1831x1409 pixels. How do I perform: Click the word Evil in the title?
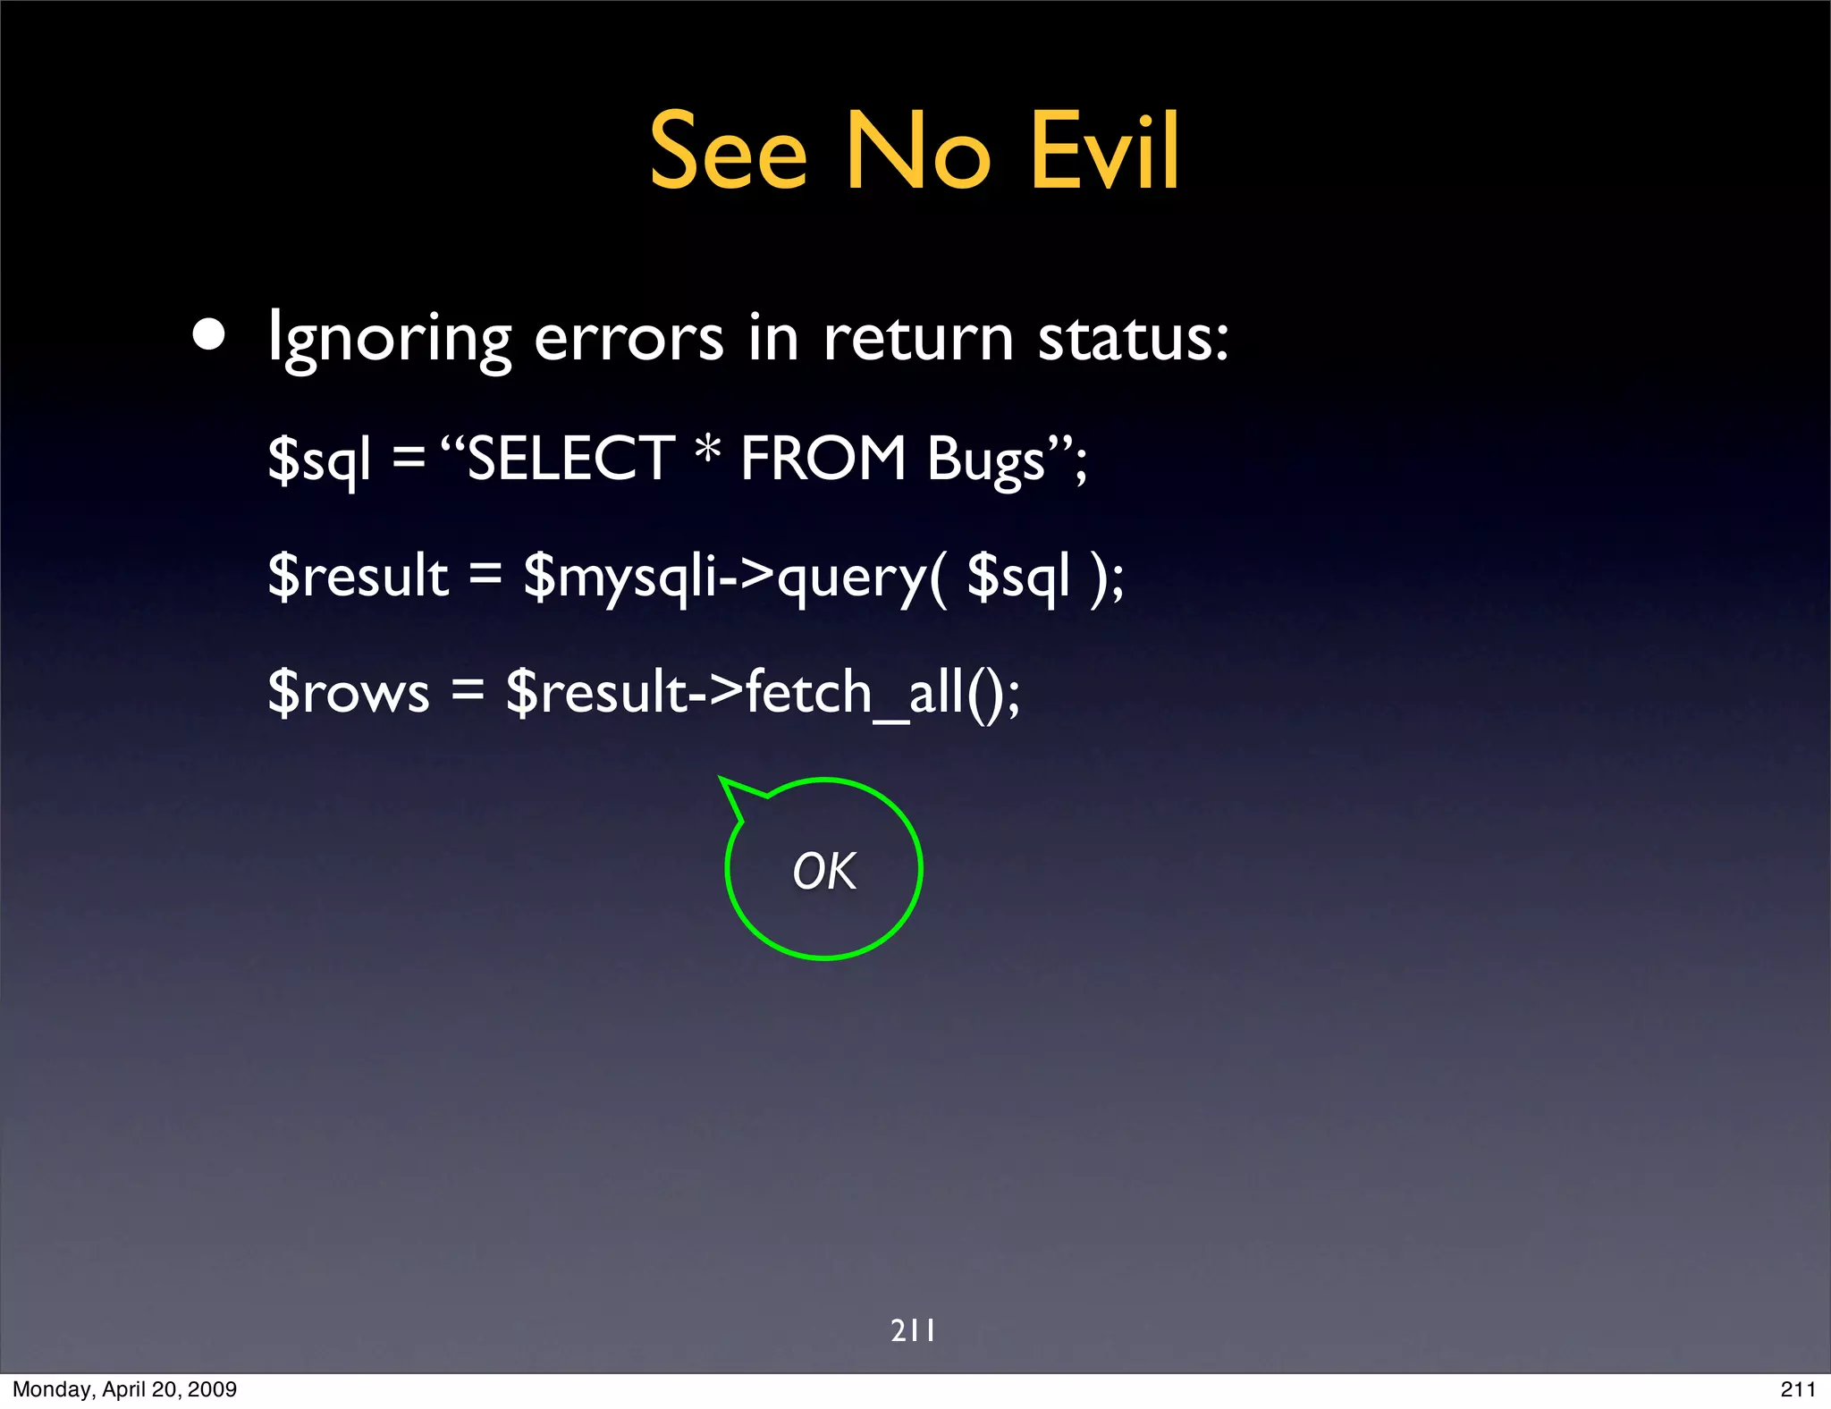point(1105,152)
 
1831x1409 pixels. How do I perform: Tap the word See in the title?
point(728,152)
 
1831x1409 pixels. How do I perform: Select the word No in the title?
point(918,152)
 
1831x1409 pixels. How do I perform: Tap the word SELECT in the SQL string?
point(570,459)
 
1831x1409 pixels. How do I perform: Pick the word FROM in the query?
point(823,459)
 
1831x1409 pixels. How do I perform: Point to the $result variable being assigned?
point(359,575)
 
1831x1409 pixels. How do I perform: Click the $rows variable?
point(349,691)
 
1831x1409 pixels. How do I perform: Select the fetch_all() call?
point(882,692)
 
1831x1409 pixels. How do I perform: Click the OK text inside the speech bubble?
point(824,871)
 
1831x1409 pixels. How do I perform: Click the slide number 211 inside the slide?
point(913,1330)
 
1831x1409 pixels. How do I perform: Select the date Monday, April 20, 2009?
point(125,1389)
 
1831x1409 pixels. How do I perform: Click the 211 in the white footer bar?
point(1797,1389)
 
